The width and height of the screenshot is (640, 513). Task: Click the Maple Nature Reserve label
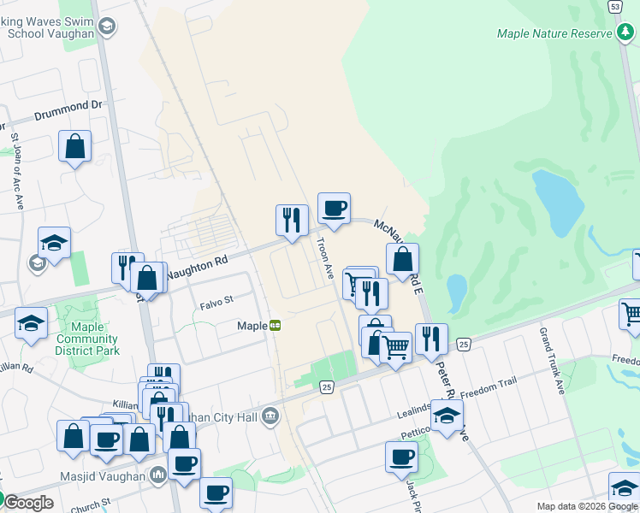(554, 33)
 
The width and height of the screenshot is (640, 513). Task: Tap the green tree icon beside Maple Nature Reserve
(625, 32)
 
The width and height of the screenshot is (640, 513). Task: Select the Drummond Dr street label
(68, 110)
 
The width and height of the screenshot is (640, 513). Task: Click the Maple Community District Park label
(87, 339)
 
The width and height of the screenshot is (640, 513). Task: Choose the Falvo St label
(216, 301)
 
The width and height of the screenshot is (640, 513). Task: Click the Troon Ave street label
(326, 259)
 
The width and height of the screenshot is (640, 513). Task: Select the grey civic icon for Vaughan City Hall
(271, 416)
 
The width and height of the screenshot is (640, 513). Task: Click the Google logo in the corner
(27, 503)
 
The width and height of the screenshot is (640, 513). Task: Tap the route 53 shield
(615, 6)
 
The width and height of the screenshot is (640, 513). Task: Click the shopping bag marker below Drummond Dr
(75, 146)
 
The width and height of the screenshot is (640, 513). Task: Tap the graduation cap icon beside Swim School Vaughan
(106, 27)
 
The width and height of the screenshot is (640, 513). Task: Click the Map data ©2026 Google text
(587, 506)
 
